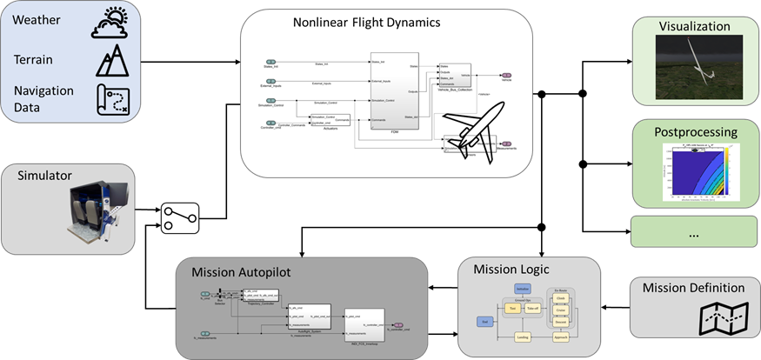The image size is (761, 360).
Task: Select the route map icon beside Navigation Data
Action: pyautogui.click(x=112, y=98)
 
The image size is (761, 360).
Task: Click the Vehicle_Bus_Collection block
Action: pyautogui.click(x=455, y=75)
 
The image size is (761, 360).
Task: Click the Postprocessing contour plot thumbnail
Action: pyautogui.click(x=693, y=173)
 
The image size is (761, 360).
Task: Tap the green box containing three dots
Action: pyautogui.click(x=693, y=234)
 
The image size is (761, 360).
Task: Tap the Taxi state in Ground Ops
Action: pyautogui.click(x=513, y=309)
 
